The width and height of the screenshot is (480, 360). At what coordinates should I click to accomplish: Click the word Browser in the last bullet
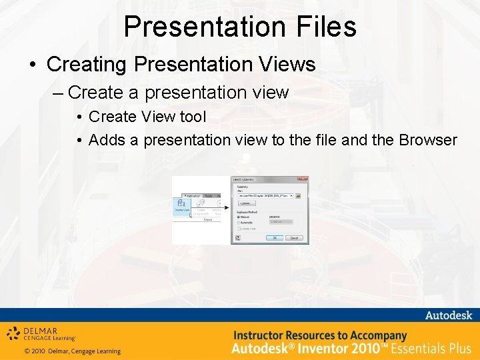pyautogui.click(x=427, y=140)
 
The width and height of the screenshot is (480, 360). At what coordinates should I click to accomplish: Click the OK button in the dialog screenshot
pyautogui.click(x=273, y=237)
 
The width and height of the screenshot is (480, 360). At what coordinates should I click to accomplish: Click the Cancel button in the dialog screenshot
pyautogui.click(x=294, y=237)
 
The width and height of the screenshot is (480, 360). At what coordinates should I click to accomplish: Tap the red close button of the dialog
pyautogui.click(x=304, y=179)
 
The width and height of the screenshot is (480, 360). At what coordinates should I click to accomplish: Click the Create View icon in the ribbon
pyautogui.click(x=181, y=205)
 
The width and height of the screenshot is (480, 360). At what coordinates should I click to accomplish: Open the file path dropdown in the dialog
pyautogui.click(x=291, y=195)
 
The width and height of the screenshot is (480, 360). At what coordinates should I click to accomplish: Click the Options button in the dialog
pyautogui.click(x=245, y=203)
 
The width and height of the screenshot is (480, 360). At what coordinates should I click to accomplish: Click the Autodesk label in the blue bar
pyautogui.click(x=448, y=315)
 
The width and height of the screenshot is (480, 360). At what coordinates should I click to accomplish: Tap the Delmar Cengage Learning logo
pyautogui.click(x=41, y=333)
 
